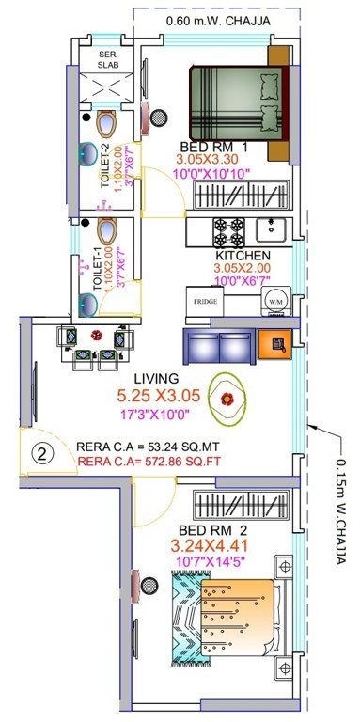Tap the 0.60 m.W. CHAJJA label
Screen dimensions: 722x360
[213, 19]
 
